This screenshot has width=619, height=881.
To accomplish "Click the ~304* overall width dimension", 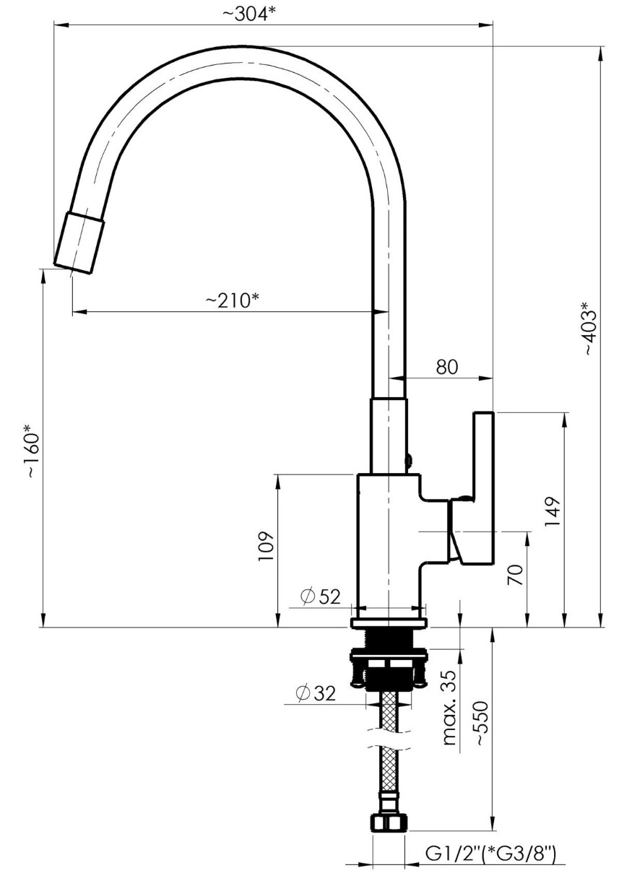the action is (x=248, y=14).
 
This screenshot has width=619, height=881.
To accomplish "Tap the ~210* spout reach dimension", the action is (x=232, y=300).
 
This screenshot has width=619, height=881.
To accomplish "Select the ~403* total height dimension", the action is (x=590, y=328).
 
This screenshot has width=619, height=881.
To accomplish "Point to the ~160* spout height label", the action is (x=33, y=451).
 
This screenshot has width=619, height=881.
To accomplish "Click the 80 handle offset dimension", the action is (x=447, y=367).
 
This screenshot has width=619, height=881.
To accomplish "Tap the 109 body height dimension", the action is (x=266, y=547).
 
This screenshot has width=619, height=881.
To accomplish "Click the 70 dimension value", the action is (x=516, y=575).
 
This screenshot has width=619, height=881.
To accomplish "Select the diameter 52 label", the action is (x=320, y=596).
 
